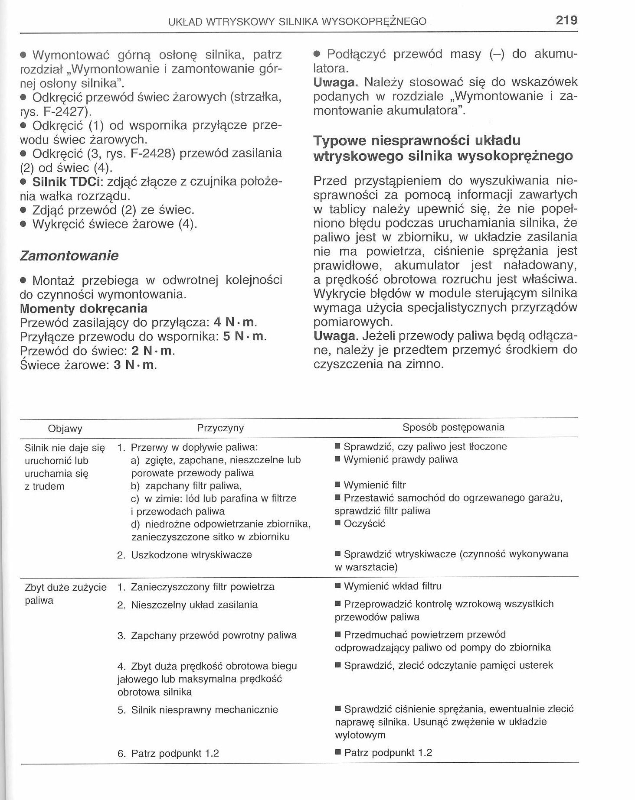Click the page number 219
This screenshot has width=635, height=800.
566,20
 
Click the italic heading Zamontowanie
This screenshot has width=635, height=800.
69,256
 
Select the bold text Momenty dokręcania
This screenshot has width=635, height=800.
84,309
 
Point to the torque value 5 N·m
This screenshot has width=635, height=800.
244,337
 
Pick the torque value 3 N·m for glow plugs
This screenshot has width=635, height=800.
134,365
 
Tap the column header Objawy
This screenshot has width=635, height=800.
65,429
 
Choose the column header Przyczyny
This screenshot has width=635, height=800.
220,428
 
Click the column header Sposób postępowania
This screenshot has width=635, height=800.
453,427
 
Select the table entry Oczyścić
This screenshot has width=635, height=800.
364,524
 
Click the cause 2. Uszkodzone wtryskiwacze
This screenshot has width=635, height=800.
184,555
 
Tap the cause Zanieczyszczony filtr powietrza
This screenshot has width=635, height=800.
202,587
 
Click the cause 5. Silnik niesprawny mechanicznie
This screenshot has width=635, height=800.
197,710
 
